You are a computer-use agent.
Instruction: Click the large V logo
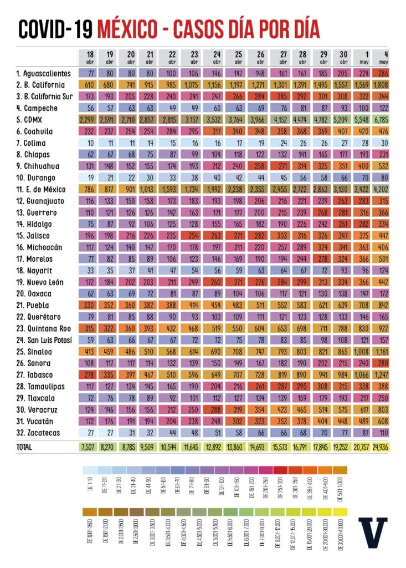pos(373,534)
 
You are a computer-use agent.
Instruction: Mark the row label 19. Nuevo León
pos(40,282)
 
